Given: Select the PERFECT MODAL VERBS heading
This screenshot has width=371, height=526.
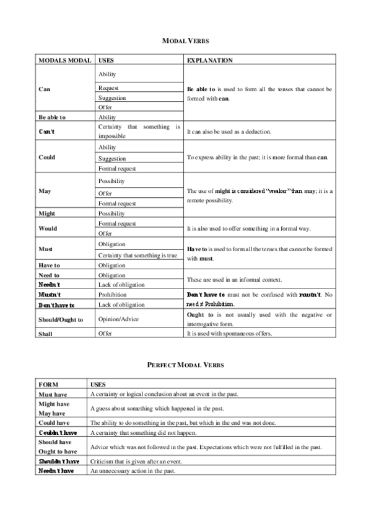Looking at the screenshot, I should [185, 365].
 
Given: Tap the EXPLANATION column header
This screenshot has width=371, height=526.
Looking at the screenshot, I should [210, 61].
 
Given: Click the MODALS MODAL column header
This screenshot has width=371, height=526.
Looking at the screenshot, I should [62, 61].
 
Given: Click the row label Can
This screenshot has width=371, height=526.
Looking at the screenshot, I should [44, 89].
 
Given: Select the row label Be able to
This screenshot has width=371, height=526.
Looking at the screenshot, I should [52, 117].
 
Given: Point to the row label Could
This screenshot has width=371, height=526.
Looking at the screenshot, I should [46, 157].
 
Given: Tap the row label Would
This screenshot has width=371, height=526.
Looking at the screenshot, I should [48, 228].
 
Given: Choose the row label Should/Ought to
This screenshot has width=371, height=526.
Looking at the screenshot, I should [61, 319].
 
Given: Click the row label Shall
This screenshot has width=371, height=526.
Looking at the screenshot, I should [45, 334].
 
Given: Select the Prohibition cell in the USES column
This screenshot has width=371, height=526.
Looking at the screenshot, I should [112, 295].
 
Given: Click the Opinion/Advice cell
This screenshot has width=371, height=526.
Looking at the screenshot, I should [118, 319].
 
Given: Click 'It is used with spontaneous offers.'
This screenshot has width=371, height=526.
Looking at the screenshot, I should [237, 334].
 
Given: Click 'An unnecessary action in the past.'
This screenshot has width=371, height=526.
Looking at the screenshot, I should [133, 471].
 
